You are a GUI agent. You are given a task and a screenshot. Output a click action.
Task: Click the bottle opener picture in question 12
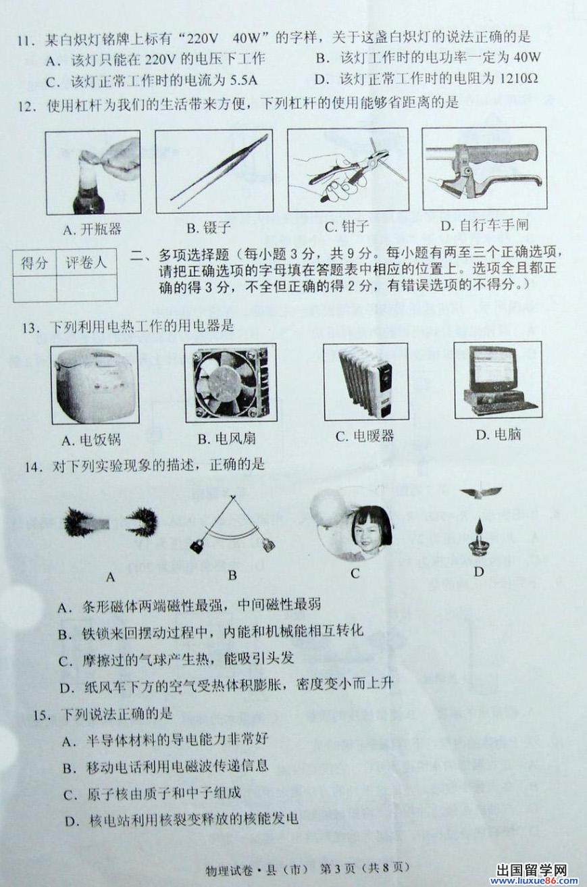93,172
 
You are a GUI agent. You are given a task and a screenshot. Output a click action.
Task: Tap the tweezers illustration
214,172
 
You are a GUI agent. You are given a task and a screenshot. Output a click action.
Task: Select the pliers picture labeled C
348,170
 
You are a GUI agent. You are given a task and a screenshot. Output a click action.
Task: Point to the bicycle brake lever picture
484,168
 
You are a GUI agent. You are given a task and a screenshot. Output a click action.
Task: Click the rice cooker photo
95,384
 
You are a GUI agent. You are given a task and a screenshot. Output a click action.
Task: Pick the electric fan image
230,382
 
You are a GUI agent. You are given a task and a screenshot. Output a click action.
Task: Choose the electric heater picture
365,382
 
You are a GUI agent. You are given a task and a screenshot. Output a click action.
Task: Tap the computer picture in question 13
498,380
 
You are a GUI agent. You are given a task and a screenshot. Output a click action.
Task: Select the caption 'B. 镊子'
209,228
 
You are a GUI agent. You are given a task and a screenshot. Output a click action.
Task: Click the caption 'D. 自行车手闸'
484,226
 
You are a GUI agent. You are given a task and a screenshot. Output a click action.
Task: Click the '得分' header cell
34,263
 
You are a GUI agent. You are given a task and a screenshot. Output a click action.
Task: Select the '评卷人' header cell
86,261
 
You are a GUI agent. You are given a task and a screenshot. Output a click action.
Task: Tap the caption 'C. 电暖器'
365,436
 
